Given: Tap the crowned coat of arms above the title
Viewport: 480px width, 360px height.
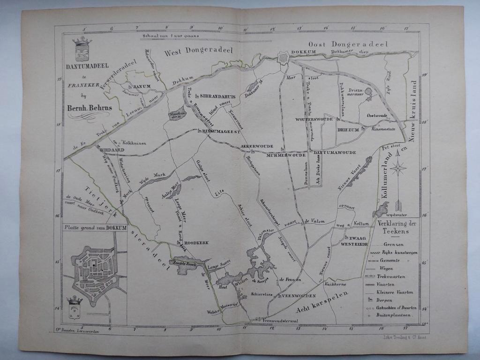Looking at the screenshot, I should (82, 48).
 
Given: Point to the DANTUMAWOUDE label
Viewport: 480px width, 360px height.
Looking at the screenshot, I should (335, 152).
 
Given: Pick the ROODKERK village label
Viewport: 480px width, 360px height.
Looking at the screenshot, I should (196, 243).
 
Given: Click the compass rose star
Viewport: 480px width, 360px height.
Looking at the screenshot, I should (398, 168).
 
